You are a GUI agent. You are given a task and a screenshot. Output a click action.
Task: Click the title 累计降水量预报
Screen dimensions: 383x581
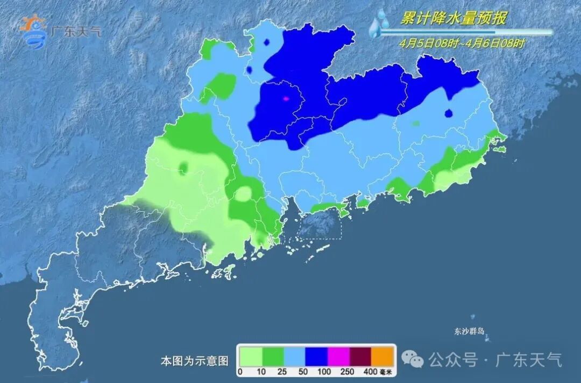pos(454,18)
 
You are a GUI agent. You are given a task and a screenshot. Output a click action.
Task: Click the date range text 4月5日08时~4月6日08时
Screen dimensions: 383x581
pos(461,44)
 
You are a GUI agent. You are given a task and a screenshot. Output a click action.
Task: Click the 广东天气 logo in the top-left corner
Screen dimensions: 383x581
pos(59,31)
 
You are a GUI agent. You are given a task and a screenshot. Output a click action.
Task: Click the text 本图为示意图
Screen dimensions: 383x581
pos(195,360)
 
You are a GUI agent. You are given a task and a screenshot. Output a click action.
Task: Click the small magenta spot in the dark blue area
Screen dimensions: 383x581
pos(286,98)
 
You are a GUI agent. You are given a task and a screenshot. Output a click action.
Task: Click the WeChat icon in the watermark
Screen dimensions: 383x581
pos(415,358)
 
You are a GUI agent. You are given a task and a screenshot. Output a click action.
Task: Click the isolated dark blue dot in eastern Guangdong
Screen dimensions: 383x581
pos(448,113)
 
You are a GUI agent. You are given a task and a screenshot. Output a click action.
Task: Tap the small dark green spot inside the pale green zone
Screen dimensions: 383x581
pos(184,168)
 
